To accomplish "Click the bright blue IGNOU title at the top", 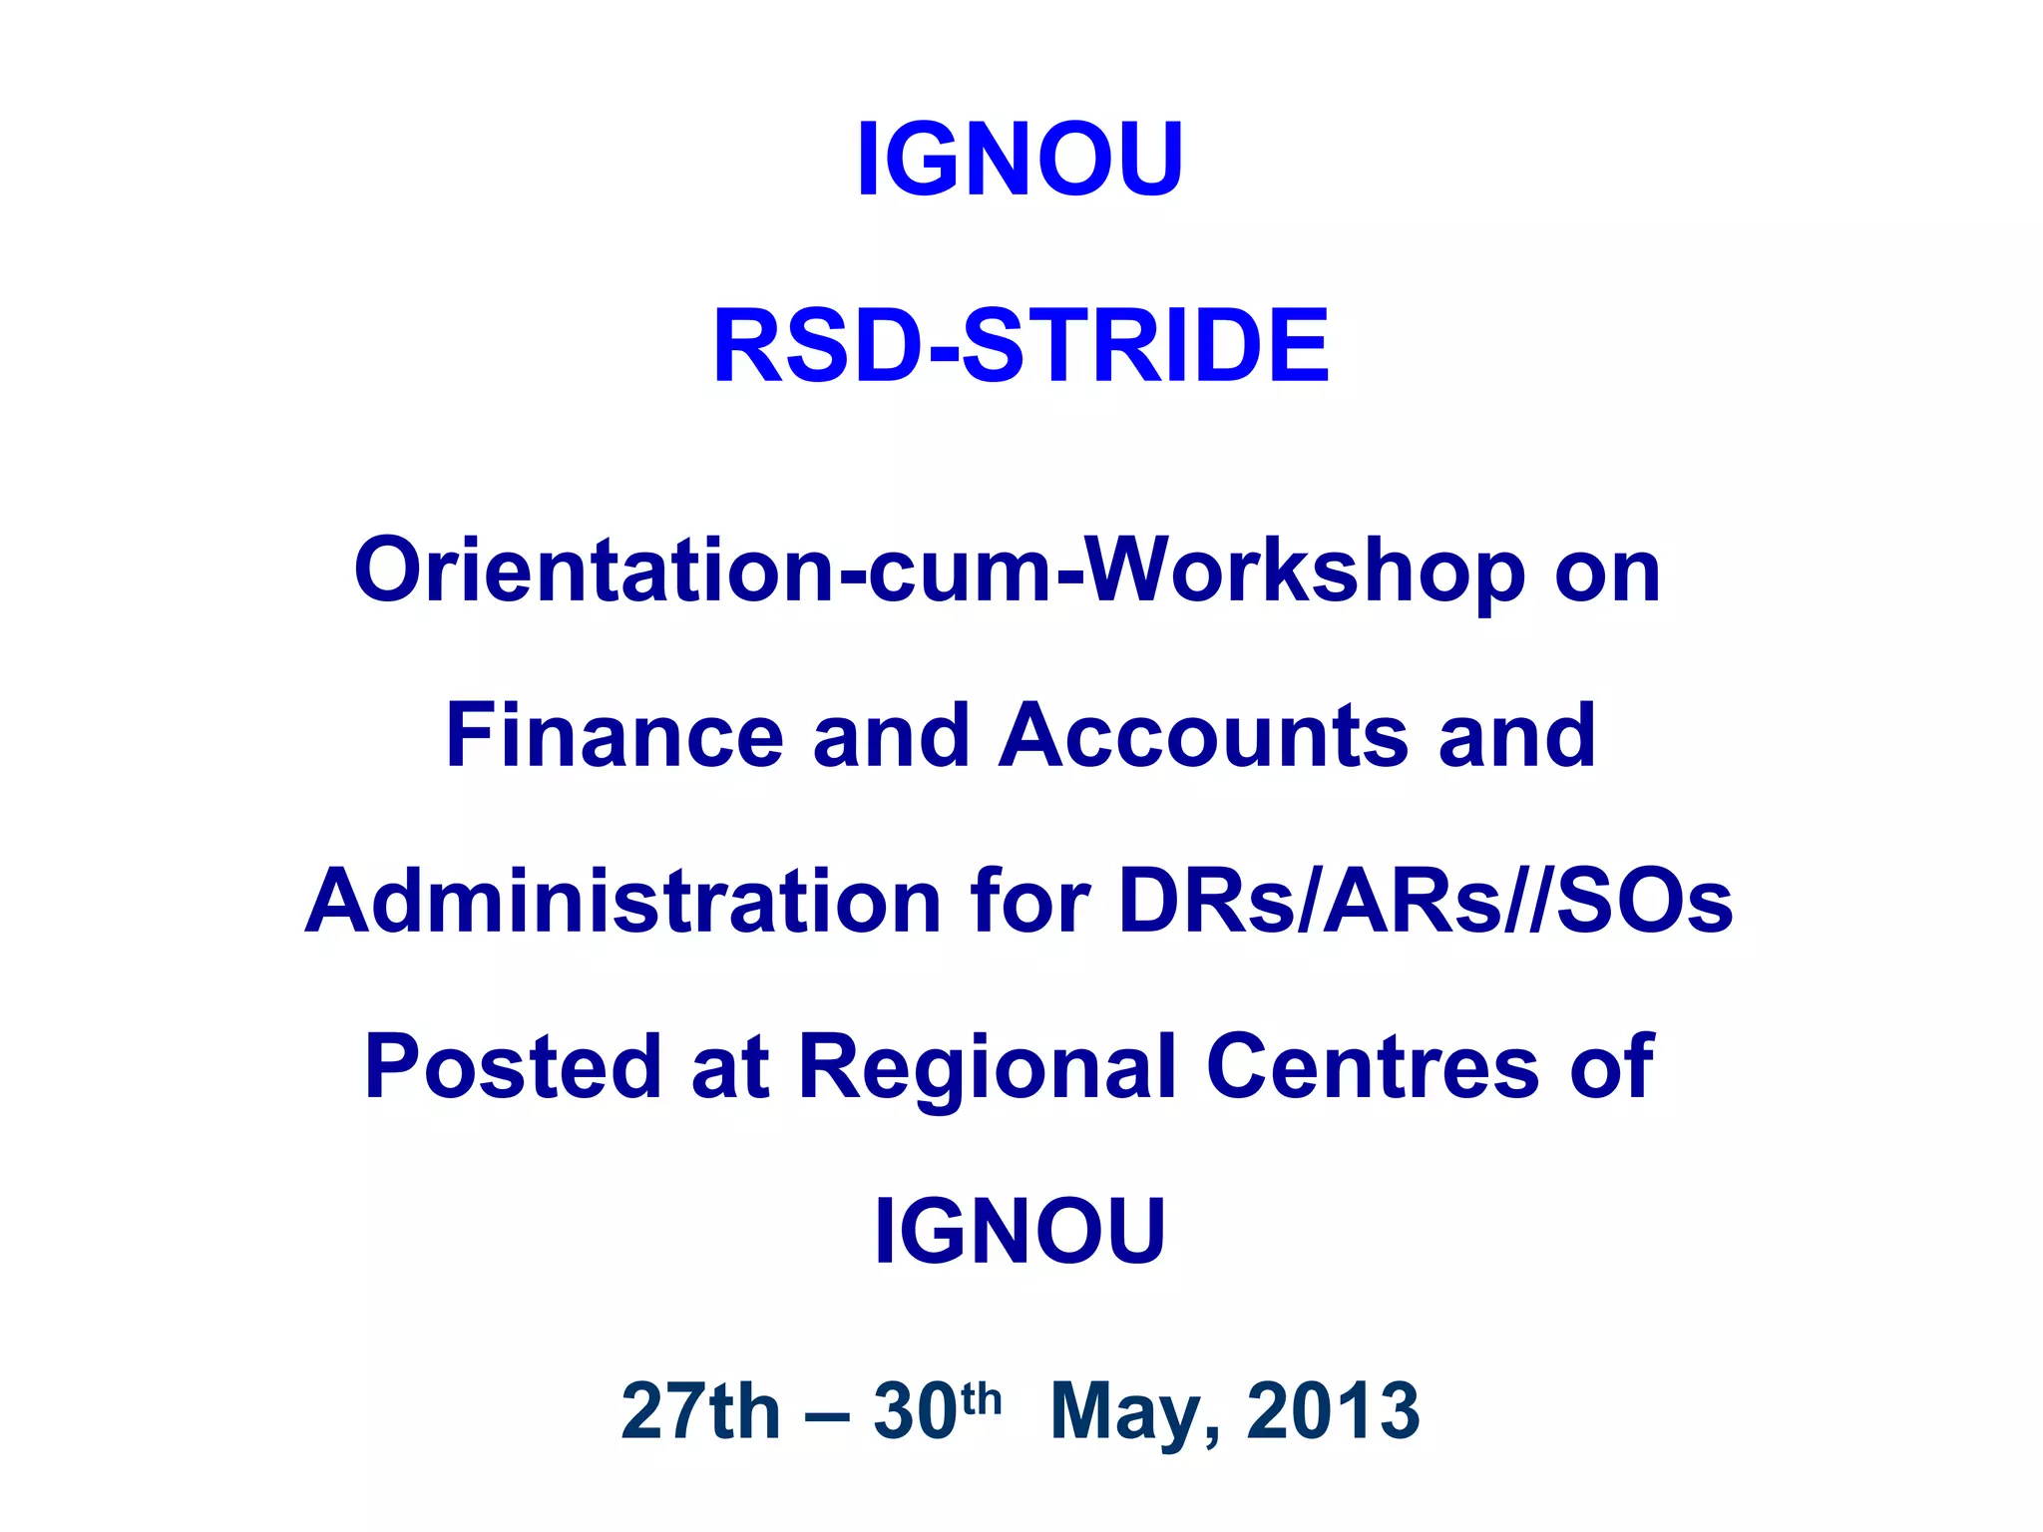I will [1020, 160].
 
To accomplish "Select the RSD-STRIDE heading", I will [1021, 345].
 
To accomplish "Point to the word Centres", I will [1373, 1066].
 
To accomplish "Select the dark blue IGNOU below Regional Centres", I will [1020, 1232].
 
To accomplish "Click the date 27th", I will [700, 1411].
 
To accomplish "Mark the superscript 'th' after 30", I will [982, 1398].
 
